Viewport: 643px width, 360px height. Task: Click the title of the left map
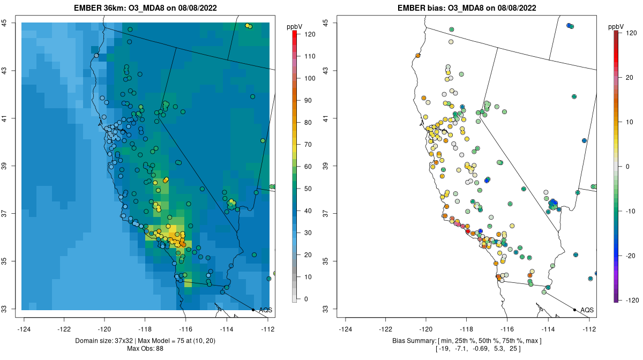click(145, 7)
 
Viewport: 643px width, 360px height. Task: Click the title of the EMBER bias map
click(467, 7)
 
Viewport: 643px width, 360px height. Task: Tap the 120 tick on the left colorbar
click(310, 34)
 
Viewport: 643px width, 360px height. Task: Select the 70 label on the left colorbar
click(308, 145)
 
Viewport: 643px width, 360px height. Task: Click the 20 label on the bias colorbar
click(629, 78)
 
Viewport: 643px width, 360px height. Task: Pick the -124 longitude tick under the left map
click(24, 329)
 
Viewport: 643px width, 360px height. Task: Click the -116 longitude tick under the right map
click(507, 329)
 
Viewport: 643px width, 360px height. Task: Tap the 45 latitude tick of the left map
click(4, 22)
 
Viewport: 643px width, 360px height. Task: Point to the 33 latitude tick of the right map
click(326, 309)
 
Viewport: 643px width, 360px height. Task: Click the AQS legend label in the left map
click(266, 310)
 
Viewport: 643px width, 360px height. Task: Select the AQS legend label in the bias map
click(587, 310)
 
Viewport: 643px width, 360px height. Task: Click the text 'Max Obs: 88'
click(145, 349)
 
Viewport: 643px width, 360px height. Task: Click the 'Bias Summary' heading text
click(414, 341)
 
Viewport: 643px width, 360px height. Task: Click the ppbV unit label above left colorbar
click(294, 27)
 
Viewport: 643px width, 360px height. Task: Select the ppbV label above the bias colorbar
click(616, 27)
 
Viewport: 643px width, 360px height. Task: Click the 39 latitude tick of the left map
click(4, 166)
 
